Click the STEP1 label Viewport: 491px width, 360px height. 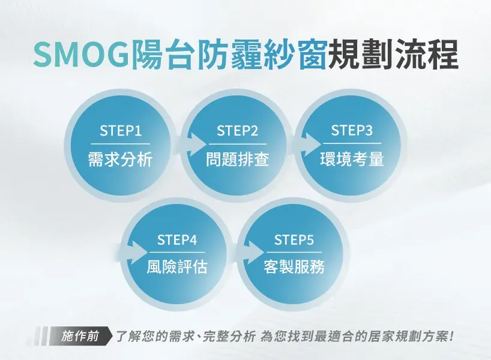(121, 131)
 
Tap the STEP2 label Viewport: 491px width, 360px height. (237, 131)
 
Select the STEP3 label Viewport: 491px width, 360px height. (352, 130)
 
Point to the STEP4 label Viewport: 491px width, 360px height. (177, 240)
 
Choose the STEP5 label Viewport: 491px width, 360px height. (294, 240)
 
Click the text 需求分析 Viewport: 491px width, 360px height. (120, 159)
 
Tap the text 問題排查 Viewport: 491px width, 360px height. (237, 159)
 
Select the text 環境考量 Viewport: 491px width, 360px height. (352, 159)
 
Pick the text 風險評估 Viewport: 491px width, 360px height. (177, 267)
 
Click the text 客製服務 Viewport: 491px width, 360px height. (294, 267)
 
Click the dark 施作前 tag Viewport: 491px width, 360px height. (80, 336)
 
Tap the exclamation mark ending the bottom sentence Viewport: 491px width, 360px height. (451, 336)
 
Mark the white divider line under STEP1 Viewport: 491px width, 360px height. (121, 144)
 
